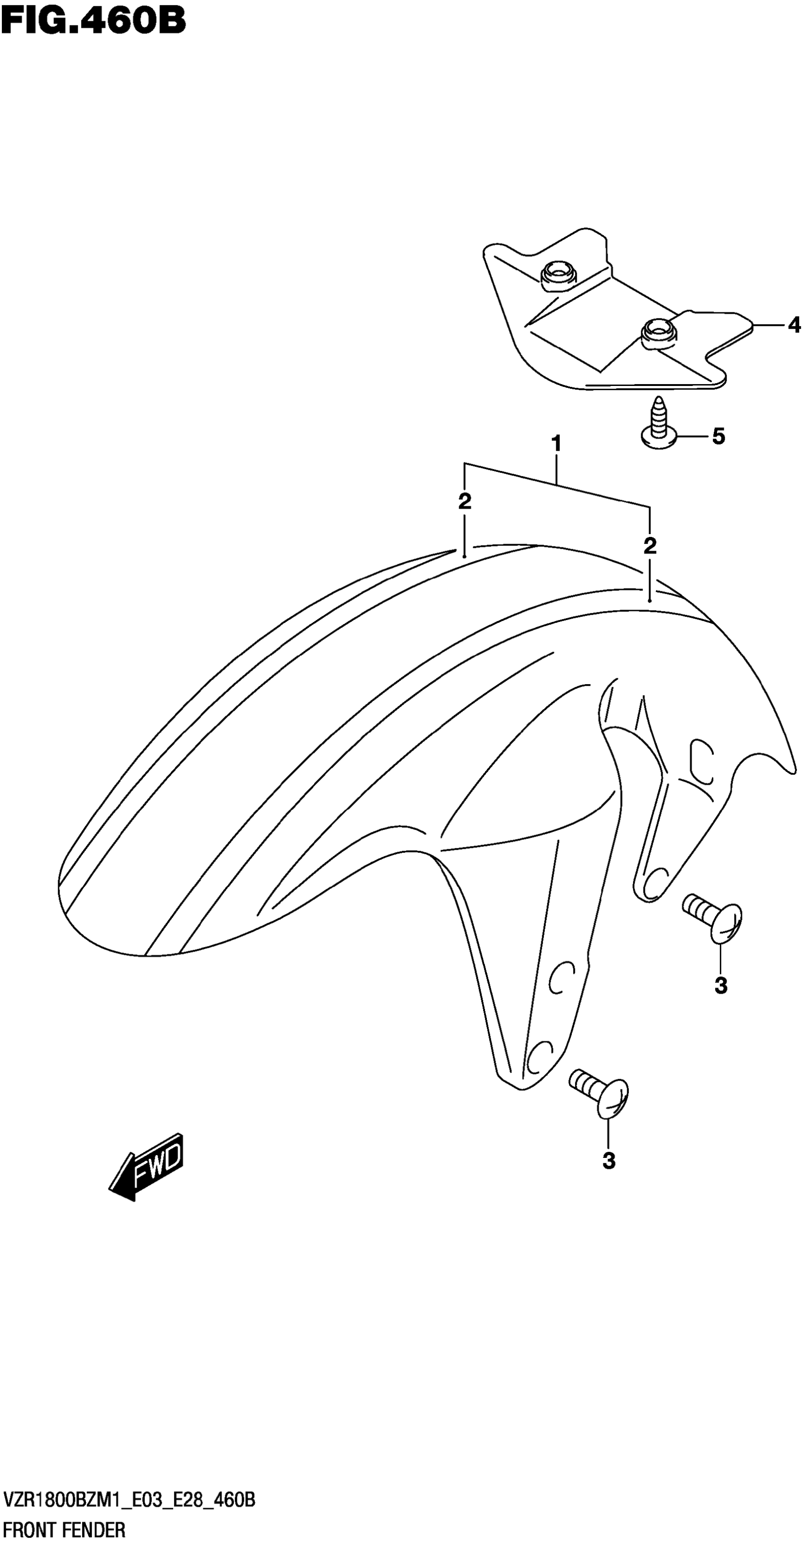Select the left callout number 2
(x=464, y=502)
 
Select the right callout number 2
(x=650, y=545)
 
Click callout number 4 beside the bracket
(x=794, y=325)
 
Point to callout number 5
(x=718, y=436)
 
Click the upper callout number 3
(x=720, y=985)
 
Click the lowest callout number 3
(x=609, y=1161)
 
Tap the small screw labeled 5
(x=659, y=425)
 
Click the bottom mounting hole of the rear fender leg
(x=657, y=880)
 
